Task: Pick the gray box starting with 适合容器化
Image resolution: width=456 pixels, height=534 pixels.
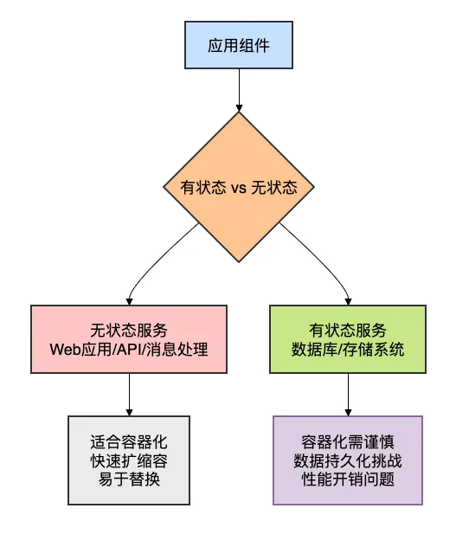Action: [129, 459]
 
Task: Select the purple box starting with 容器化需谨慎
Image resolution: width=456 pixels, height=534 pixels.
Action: [347, 459]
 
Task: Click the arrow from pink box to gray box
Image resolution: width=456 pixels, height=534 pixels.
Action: [129, 396]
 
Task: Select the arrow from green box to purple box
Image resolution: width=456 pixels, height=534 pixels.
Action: [347, 396]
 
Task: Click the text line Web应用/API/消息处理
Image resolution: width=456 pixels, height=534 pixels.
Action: [129, 350]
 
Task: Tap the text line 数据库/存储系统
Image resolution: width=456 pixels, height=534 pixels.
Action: [347, 350]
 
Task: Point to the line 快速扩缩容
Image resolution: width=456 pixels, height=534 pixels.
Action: [129, 459]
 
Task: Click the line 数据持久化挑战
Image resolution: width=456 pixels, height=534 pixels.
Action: [347, 459]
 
